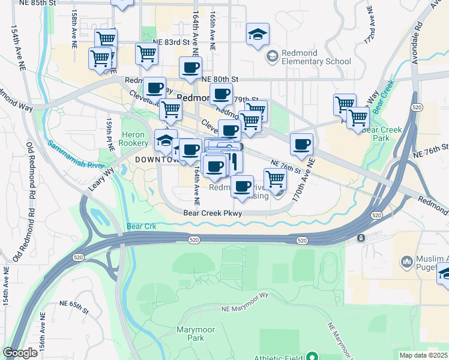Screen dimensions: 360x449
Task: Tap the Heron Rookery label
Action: click(134, 139)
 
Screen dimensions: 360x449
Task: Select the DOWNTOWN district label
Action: click(155, 160)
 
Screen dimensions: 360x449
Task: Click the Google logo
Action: click(20, 353)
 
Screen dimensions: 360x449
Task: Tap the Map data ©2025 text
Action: click(423, 355)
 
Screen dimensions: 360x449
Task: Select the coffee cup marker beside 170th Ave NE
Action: click(301, 143)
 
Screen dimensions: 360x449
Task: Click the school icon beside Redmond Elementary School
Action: click(273, 56)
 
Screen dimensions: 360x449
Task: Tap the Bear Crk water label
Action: click(142, 227)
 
